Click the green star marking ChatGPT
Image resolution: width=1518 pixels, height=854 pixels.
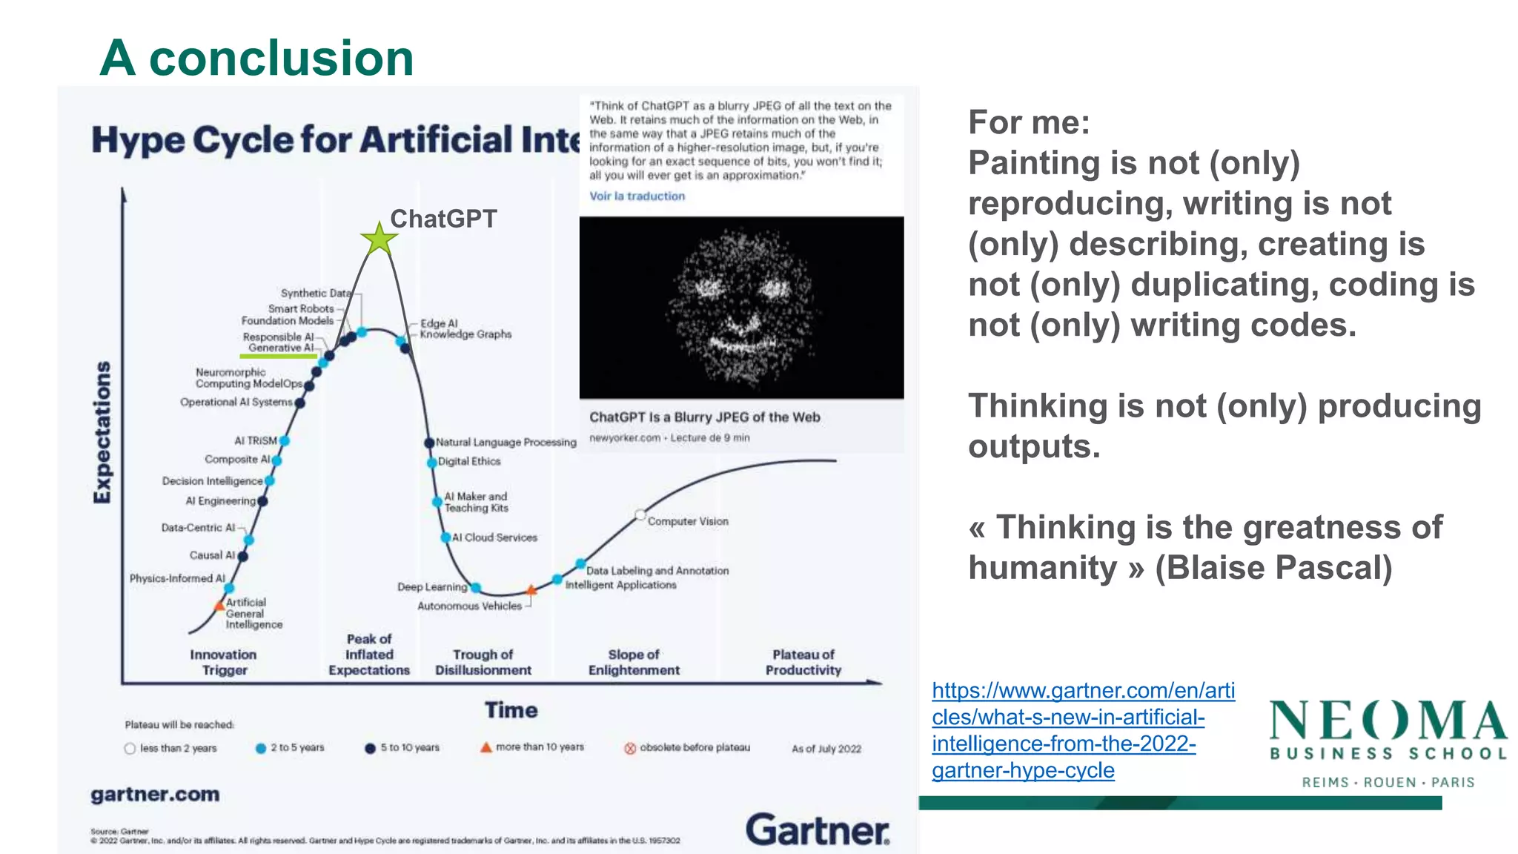[x=379, y=239]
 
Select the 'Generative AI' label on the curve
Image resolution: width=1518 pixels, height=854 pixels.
[x=281, y=348]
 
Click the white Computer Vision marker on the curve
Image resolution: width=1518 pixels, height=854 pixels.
[x=640, y=514]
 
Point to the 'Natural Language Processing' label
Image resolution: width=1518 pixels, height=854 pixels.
[x=506, y=443]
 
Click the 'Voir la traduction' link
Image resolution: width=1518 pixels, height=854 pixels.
[x=637, y=196]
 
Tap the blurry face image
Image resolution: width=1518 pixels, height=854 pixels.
[x=741, y=308]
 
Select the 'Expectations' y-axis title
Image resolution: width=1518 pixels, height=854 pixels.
[x=102, y=432]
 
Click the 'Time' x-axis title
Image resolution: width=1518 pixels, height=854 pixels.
[x=511, y=710]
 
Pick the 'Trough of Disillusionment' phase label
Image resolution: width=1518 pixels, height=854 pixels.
[x=483, y=662]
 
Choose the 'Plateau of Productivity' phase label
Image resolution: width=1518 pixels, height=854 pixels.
[x=803, y=662]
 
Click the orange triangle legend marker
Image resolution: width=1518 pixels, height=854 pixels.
[x=486, y=747]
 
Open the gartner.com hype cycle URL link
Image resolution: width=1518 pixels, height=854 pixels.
[x=1082, y=730]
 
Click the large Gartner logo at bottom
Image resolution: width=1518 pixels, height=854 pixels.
[x=817, y=830]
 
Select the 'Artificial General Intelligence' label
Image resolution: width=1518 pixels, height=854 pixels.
[x=253, y=613]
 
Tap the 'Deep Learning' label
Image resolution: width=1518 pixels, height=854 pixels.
[x=432, y=587]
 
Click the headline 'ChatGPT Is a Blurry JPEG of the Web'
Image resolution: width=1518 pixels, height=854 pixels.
[x=704, y=417]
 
